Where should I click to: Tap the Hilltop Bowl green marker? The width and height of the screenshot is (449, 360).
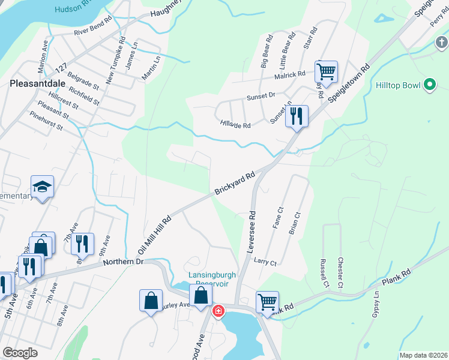pos(429,85)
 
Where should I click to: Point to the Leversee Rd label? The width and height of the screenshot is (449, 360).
pos(252,231)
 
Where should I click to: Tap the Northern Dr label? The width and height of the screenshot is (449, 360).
pos(123,262)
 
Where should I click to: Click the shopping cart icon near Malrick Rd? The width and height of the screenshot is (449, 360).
pos(326,72)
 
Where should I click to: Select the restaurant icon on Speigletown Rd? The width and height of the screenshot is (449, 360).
pos(296,116)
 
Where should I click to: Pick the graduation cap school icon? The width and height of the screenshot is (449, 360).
pos(43,187)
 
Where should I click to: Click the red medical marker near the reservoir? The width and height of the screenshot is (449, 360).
pos(218,310)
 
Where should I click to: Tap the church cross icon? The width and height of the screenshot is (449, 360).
pos(441,43)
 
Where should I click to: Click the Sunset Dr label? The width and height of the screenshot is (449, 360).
pos(261,95)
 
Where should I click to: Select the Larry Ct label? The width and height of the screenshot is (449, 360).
pos(265,262)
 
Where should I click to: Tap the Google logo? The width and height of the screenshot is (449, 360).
pos(20,352)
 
